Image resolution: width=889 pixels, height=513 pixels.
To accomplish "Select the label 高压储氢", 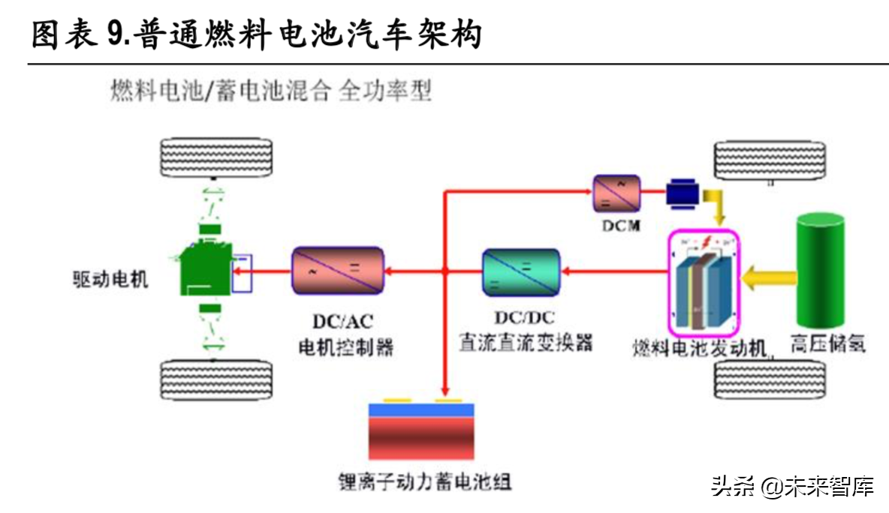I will pos(827,345).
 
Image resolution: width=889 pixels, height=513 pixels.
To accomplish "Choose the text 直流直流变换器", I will pos(526,343).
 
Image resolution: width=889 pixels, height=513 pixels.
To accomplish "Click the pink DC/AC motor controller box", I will pos(338,270).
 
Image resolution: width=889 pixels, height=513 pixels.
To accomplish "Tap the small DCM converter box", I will pos(616,194).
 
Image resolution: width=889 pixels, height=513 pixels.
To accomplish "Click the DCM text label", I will pos(619,226).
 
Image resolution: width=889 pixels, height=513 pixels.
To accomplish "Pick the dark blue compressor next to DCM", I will pos(683,194).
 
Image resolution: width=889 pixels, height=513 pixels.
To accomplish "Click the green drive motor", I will pos(206,267).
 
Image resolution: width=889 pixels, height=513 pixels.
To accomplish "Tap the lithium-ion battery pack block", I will pos(421,432).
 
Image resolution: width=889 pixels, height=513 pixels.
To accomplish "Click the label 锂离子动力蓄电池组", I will pos(425,481).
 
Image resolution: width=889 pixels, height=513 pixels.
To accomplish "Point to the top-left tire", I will pos(215,157).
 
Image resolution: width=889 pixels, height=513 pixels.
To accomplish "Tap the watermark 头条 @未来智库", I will pos(792,487).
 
